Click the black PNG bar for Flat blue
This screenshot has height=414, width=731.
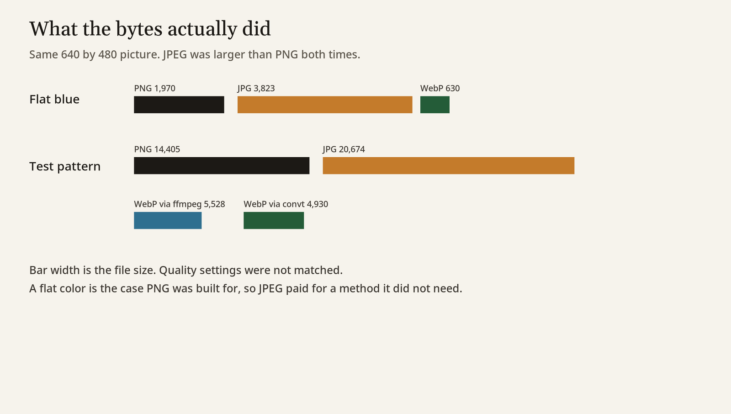[x=179, y=105]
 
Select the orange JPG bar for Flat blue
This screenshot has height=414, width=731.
[x=325, y=105]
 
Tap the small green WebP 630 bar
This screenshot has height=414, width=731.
[x=434, y=105]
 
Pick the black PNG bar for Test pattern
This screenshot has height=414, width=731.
[x=222, y=165]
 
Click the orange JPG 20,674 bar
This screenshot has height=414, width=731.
[x=448, y=165]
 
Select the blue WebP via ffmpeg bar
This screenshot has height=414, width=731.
[x=168, y=220]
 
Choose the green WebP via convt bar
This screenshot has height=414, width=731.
[x=274, y=220]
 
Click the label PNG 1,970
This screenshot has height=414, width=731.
[x=155, y=89]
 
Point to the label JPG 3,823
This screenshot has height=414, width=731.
[x=256, y=89]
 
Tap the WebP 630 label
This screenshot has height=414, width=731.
[x=440, y=89]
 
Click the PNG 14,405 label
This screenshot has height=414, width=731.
[x=157, y=149]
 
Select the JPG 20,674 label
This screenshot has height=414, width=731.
[x=344, y=149]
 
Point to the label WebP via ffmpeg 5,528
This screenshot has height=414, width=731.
[x=180, y=204]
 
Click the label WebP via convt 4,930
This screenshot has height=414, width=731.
[x=286, y=204]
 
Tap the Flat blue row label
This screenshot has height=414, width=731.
[x=54, y=99]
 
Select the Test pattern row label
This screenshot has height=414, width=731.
[x=65, y=166]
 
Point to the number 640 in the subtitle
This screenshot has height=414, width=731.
[x=70, y=54]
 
